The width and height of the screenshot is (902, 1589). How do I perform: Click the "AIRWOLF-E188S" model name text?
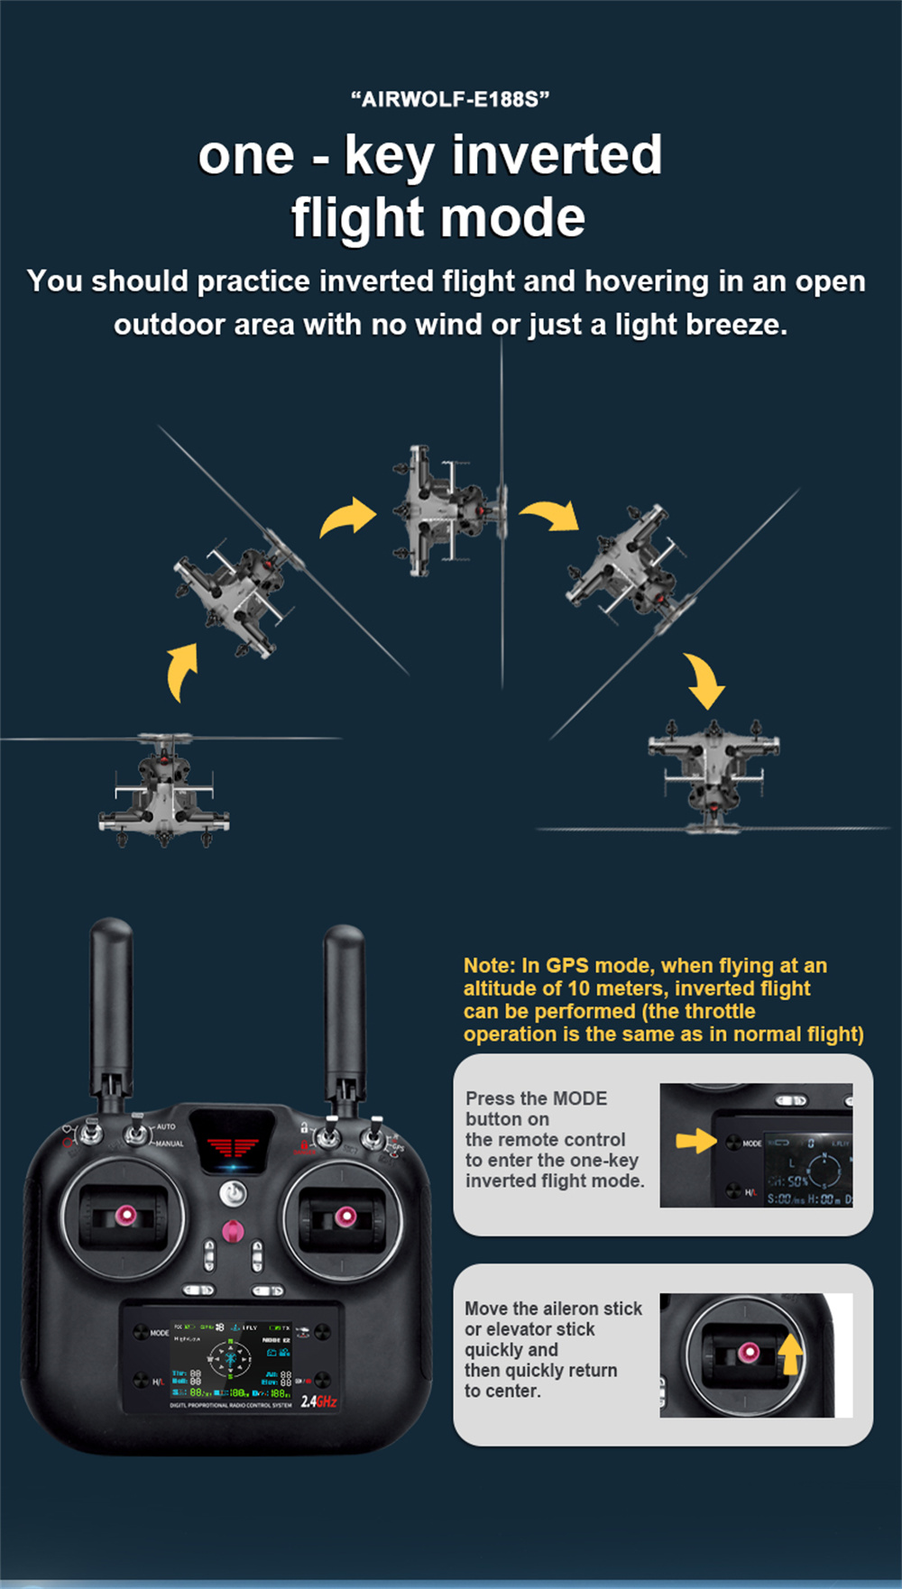[450, 99]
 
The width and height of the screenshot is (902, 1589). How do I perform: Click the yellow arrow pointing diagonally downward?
[704, 682]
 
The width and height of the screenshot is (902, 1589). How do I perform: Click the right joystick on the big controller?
[345, 1217]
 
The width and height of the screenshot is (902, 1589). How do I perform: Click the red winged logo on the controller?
[233, 1148]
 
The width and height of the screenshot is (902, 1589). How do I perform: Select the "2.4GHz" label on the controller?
[318, 1401]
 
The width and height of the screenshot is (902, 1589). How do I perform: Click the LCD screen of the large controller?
[232, 1358]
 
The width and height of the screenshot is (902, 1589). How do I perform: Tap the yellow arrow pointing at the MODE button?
[695, 1141]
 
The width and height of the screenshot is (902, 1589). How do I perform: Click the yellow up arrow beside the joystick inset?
[791, 1353]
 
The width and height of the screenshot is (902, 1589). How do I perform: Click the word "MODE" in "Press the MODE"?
[579, 1098]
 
